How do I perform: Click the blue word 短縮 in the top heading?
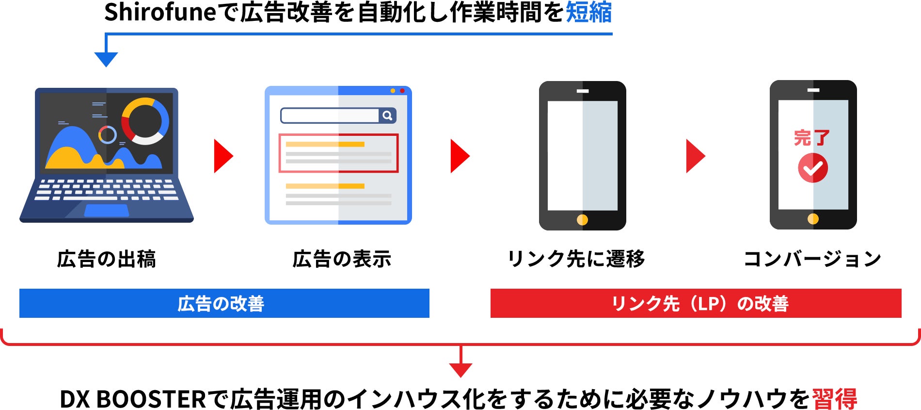coord(588,13)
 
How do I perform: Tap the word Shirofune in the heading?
coord(160,13)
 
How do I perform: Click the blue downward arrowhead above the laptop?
coord(106,59)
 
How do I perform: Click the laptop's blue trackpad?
coord(107,211)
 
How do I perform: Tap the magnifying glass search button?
coord(387,115)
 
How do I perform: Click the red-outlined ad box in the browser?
coord(338,153)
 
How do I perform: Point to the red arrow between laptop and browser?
coord(223,156)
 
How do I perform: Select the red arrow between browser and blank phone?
coord(460,156)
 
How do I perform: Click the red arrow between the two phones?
coord(695,156)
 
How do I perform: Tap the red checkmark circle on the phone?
coord(813,168)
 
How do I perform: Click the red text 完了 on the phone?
coord(812,138)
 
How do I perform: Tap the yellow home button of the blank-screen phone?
coord(582,220)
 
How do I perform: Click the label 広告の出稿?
coord(107,259)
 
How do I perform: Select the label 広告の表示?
coord(342,259)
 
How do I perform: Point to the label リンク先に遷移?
coord(576,259)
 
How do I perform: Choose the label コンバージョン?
coord(812,259)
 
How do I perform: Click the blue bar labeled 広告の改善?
coord(224,303)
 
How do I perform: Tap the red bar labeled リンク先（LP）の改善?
coord(696,303)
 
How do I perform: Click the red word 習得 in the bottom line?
coord(834,399)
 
